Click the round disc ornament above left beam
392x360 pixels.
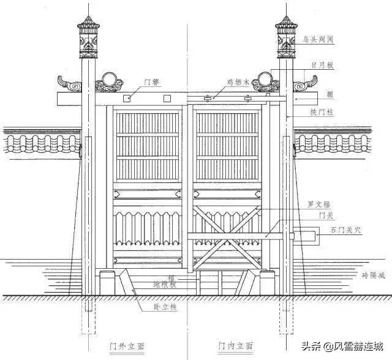click(x=110, y=79)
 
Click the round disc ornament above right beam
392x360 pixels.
click(x=265, y=79)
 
